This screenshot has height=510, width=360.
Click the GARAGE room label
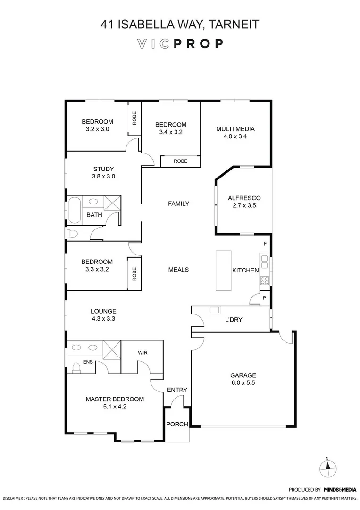243,375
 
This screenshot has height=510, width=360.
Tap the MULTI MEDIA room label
235,129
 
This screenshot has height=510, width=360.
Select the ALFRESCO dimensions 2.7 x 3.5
244,206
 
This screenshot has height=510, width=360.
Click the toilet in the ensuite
75,366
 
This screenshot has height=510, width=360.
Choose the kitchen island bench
223,271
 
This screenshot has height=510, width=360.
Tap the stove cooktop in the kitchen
265,280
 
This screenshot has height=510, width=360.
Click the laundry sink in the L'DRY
214,311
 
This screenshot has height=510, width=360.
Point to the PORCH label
177,424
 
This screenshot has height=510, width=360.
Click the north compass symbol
328,468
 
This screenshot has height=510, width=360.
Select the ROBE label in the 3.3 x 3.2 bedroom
134,274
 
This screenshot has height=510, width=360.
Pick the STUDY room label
103,169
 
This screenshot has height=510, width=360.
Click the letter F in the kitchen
265,244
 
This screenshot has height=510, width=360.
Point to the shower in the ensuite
111,350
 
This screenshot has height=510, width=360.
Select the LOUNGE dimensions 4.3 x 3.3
103,319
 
